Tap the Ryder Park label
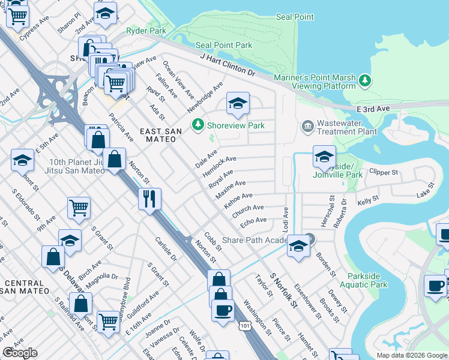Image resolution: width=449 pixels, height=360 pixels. click(140, 31)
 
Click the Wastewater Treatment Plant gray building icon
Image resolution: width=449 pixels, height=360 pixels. click(308, 127)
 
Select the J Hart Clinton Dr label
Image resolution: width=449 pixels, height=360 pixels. click(228, 64)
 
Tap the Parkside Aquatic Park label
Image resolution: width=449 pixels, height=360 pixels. click(367, 280)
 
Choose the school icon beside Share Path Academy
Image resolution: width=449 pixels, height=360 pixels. click(298, 245)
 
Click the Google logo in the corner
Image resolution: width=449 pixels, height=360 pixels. click(20, 353)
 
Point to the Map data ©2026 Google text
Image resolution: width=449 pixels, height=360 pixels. click(412, 355)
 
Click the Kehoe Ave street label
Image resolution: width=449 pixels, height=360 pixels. click(238, 200)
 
